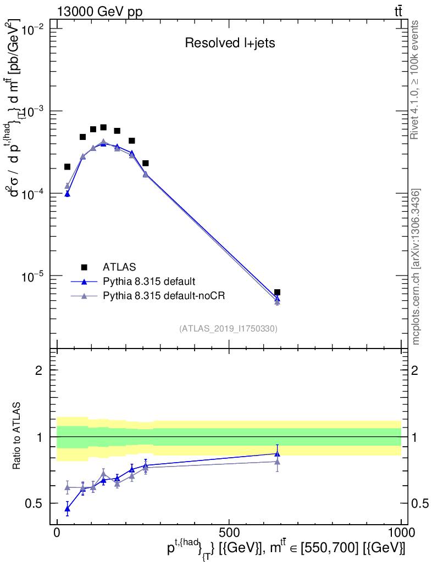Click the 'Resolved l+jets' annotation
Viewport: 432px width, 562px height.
(230, 43)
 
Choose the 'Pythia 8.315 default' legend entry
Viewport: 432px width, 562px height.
(148, 282)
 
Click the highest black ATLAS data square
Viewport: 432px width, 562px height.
(103, 127)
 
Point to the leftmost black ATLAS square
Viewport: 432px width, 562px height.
(67, 167)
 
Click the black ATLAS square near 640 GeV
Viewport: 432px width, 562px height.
(277, 293)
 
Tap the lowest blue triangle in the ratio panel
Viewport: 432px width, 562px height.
(67, 509)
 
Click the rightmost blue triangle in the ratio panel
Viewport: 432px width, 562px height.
(277, 453)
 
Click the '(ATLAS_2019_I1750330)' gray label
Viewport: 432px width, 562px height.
(228, 329)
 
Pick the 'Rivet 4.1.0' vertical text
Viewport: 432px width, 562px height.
(415, 80)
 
